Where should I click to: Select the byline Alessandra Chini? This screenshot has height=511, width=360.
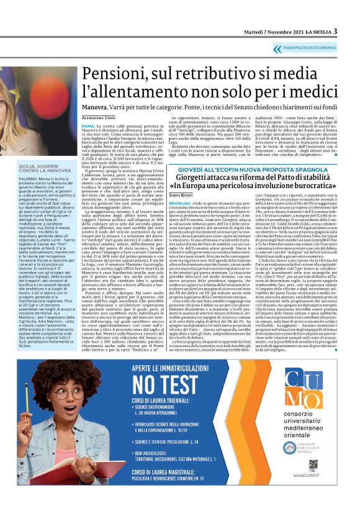(100, 117)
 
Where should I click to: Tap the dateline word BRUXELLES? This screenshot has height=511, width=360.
(179, 203)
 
